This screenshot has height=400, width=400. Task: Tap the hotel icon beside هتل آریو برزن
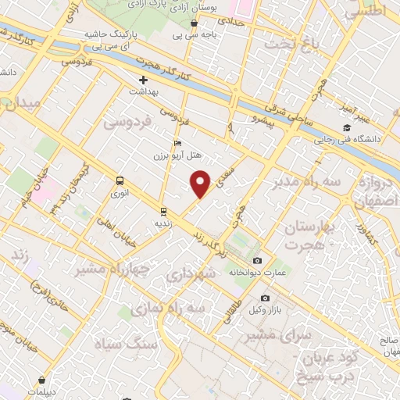click(x=177, y=144)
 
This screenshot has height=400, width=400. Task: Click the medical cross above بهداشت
click(x=143, y=80)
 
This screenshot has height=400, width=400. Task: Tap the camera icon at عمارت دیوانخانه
click(x=258, y=261)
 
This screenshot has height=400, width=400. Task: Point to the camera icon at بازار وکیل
click(x=265, y=298)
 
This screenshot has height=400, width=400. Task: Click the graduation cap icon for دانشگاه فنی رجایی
click(x=346, y=129)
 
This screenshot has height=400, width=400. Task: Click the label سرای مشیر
click(x=273, y=334)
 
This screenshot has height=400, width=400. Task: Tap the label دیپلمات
click(x=41, y=391)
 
